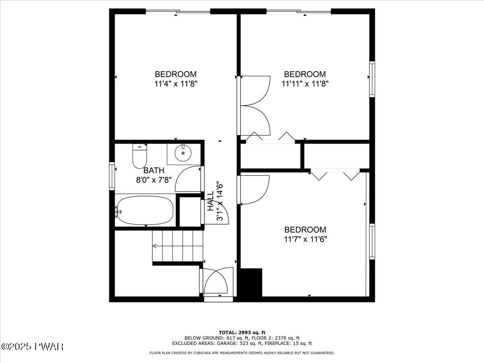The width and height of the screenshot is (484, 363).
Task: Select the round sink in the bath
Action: click(184, 153)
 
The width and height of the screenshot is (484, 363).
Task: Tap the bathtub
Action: click(145, 210)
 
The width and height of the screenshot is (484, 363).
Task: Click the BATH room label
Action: click(154, 171)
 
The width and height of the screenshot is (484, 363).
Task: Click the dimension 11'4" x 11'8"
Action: click(175, 84)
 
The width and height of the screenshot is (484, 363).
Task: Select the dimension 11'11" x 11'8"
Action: click(305, 84)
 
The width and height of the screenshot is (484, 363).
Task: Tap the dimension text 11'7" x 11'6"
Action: click(305, 239)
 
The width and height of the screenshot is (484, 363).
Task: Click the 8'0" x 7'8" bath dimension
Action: click(154, 179)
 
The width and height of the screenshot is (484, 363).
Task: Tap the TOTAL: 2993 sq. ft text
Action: click(242, 332)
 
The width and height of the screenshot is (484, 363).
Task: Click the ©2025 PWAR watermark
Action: click(32, 346)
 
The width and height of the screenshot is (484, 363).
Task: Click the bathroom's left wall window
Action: click(112, 175)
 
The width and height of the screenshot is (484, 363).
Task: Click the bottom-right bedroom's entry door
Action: click(254, 190)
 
